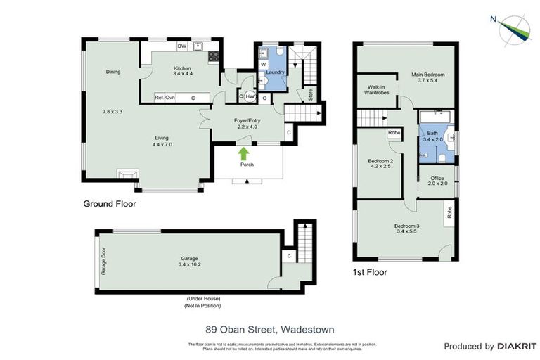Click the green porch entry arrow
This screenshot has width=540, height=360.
coord(243,153)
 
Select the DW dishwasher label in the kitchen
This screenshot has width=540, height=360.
coord(181,46)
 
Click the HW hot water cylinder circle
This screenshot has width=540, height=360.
coord(250,97)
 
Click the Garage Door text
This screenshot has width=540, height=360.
coord(103,260)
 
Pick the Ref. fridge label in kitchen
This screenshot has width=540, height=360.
coord(160,98)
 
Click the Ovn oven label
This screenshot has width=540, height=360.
coord(171,98)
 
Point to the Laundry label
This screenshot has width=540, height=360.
coord(275,71)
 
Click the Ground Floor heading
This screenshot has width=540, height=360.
coord(109,204)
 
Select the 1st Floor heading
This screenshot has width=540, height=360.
coord(369,271)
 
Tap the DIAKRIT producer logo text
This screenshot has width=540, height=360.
coord(516,346)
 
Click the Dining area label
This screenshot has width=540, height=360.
coord(113,72)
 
